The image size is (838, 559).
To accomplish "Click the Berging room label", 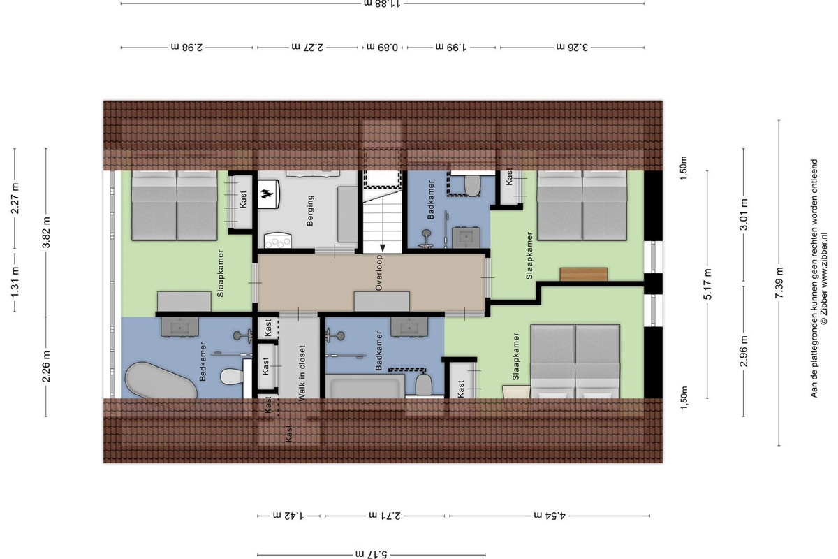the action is point(310,210).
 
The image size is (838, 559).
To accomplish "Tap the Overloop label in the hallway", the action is point(378,273).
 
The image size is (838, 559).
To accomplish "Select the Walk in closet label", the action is point(302,373).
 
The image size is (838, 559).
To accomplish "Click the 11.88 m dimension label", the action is point(382,4).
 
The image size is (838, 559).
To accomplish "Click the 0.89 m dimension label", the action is point(382,48).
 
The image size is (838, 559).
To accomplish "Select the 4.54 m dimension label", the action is point(550,516).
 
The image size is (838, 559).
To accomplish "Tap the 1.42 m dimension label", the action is point(288,516).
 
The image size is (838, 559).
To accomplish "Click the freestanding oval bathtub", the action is point(161,380).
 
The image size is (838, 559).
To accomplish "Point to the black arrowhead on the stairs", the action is point(383,248).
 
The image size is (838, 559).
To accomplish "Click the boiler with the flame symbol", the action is point(268,194).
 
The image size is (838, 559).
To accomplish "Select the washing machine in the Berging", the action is point(278,240).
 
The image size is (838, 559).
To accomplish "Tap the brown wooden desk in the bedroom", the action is point(584,274).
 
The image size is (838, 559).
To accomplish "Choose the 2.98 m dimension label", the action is point(186,48).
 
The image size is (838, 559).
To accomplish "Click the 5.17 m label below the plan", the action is point(371,554).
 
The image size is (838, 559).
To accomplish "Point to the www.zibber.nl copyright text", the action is point(823,279).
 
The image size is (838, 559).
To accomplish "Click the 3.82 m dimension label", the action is point(46,233).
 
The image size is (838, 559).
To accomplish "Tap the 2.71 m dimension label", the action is point(385,516).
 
